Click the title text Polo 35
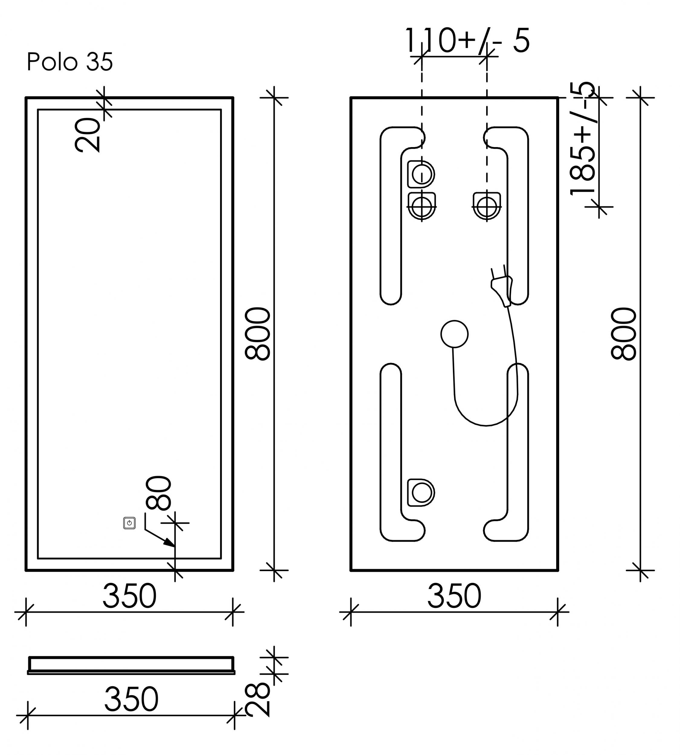point(69,62)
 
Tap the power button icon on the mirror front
point(129,523)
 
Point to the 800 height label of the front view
point(258,334)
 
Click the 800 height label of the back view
point(624,334)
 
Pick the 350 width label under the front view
point(129,596)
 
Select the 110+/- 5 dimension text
point(467,40)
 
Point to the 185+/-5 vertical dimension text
point(583,138)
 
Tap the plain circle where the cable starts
point(454,334)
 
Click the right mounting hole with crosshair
point(486,206)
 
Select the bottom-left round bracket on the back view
point(422,493)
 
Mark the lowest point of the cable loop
point(486,425)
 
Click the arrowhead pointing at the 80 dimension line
point(170,543)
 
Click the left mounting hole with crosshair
point(422,206)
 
